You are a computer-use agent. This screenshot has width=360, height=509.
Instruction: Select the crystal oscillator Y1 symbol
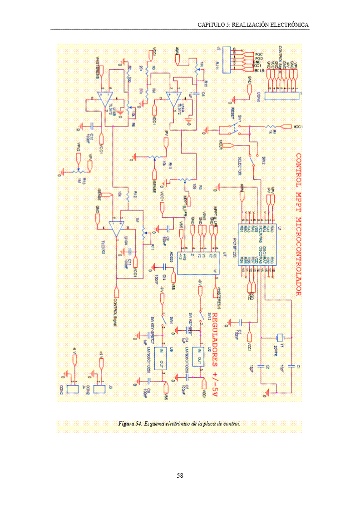pos(280,338)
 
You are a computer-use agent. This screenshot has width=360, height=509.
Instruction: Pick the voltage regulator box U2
pos(198,356)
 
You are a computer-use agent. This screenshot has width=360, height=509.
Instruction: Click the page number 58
pos(180,475)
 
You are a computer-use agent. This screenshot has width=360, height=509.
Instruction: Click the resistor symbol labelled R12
pos(129,196)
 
